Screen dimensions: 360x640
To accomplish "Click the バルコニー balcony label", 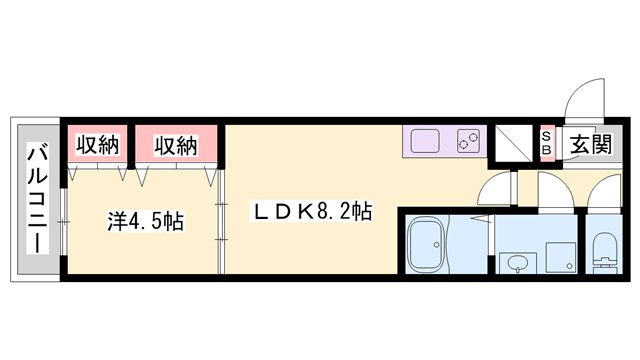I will tap(38, 199).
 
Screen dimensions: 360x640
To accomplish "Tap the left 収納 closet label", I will tap(97, 146).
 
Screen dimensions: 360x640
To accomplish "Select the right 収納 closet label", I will tap(175, 146).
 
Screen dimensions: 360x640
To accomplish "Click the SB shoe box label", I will tap(547, 142).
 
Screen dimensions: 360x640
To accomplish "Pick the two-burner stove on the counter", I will tap(468, 142).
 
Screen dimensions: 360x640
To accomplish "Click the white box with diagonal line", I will tap(513, 143).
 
